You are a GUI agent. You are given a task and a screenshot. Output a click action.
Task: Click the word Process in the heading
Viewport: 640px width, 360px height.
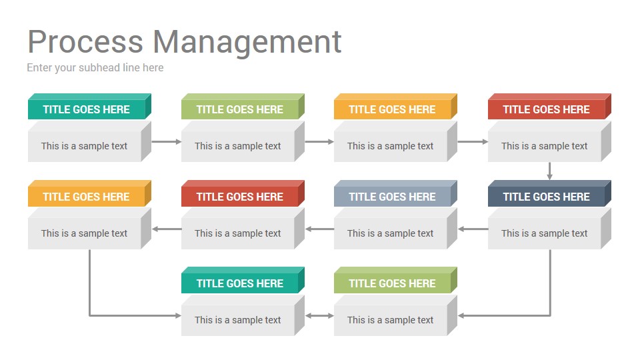(85, 41)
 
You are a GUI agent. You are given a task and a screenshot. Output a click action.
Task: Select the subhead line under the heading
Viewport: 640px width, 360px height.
(95, 68)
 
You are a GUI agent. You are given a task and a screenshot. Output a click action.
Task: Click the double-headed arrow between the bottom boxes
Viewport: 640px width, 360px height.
(319, 315)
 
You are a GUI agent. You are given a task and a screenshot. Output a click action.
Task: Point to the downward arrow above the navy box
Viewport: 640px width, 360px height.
(550, 171)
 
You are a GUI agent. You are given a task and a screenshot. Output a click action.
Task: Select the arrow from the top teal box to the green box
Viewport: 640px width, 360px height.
(167, 141)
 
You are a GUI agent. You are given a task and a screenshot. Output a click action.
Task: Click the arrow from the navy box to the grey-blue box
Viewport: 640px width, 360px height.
(473, 229)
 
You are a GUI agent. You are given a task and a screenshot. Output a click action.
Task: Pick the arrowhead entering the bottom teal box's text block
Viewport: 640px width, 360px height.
(178, 315)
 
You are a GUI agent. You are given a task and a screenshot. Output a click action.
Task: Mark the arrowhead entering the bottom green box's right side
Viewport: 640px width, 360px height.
(461, 315)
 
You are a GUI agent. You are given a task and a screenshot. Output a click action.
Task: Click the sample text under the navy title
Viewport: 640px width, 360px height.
(544, 233)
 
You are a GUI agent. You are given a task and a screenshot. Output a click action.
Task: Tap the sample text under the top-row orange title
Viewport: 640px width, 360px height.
(390, 146)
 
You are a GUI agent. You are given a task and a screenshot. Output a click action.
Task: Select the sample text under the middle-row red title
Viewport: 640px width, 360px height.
(237, 233)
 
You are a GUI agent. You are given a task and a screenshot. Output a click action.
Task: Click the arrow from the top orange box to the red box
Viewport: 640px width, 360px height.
(473, 141)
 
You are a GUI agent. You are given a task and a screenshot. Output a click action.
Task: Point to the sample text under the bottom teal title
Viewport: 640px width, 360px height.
(237, 320)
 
